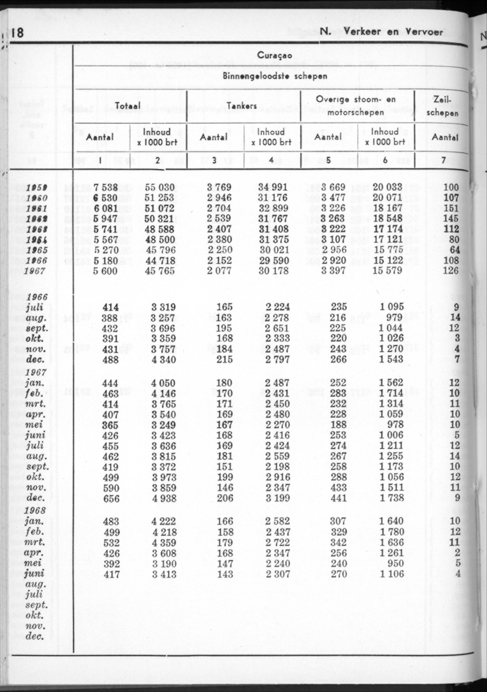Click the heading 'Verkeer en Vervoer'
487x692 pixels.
coord(393,32)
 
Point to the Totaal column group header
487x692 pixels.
coord(129,106)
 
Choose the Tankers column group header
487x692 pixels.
coord(241,106)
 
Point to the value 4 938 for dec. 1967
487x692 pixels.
coord(162,499)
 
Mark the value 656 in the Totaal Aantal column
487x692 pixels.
coord(110,499)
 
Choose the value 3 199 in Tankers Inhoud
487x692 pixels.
coord(276,499)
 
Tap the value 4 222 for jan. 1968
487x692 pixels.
coord(162,521)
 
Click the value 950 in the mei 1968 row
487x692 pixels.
coord(395,563)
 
